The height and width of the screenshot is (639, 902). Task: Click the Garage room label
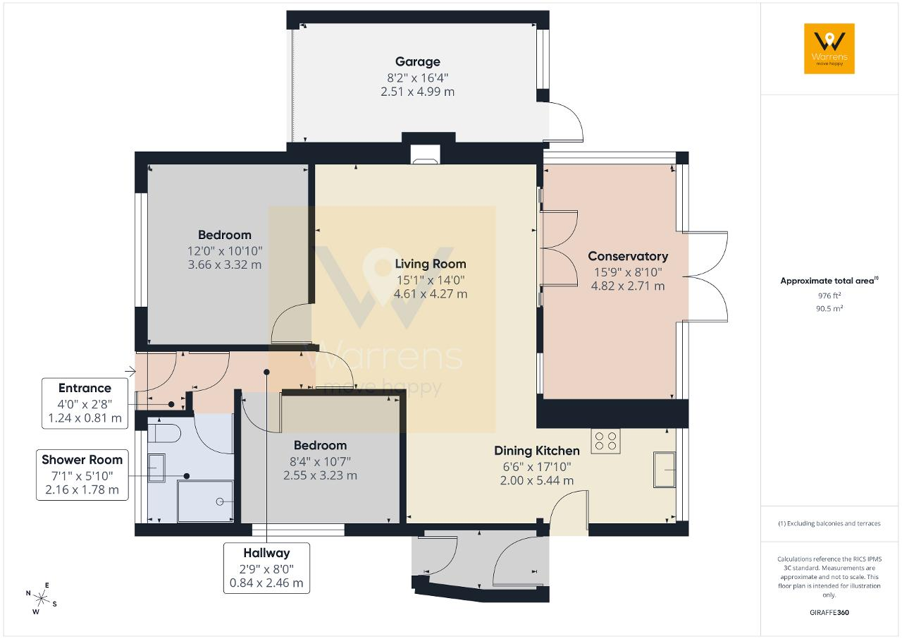coord(418,61)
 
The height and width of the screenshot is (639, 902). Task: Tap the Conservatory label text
coord(628,256)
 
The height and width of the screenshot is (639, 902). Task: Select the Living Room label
coord(431,264)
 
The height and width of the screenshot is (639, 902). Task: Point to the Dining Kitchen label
coord(537,451)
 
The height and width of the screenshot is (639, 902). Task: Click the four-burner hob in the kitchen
coord(605,441)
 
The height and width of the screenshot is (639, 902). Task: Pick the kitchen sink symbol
coord(665,470)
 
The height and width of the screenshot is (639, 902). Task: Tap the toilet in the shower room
coord(164,434)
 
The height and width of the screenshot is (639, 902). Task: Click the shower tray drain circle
coord(220,501)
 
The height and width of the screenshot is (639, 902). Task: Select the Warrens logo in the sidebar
coord(829,49)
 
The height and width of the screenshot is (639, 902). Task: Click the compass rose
coord(41,599)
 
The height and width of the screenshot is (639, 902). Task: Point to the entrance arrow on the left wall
coord(130,371)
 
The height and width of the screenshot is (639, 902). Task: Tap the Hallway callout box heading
coord(266,553)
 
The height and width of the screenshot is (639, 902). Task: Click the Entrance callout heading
coord(85,388)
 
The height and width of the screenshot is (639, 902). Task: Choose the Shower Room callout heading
coord(82,460)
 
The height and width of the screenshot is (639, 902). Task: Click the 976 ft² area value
coord(829,296)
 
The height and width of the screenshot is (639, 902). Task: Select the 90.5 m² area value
coord(829,309)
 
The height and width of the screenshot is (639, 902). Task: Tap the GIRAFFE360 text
coord(829,612)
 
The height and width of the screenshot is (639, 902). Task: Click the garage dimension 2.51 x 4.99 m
coord(418,92)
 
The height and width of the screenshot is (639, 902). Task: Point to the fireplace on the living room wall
coord(425,154)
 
